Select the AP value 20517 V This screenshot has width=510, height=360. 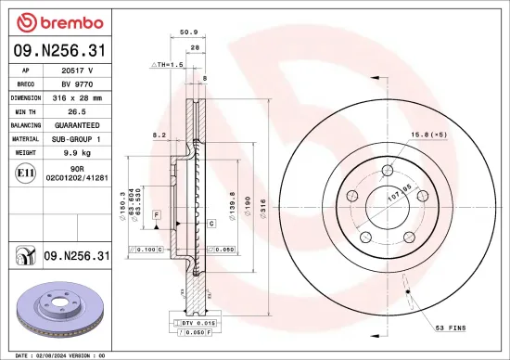(78, 70)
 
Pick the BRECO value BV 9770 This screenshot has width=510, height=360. (78, 83)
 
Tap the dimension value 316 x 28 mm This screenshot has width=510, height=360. (78, 96)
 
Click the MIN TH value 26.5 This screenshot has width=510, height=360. (78, 110)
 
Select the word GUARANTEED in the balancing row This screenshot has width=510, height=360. (78, 124)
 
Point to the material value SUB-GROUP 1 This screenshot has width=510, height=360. (78, 138)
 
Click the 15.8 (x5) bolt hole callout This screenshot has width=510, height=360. (428, 135)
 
